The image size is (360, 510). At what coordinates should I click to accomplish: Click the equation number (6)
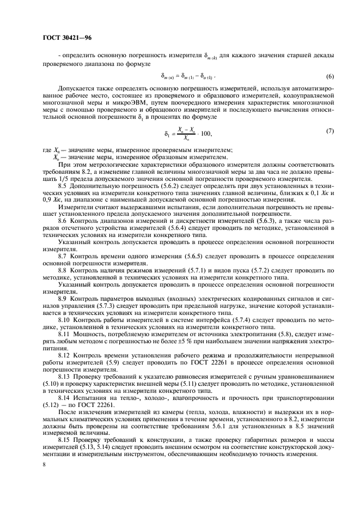[314, 76]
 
